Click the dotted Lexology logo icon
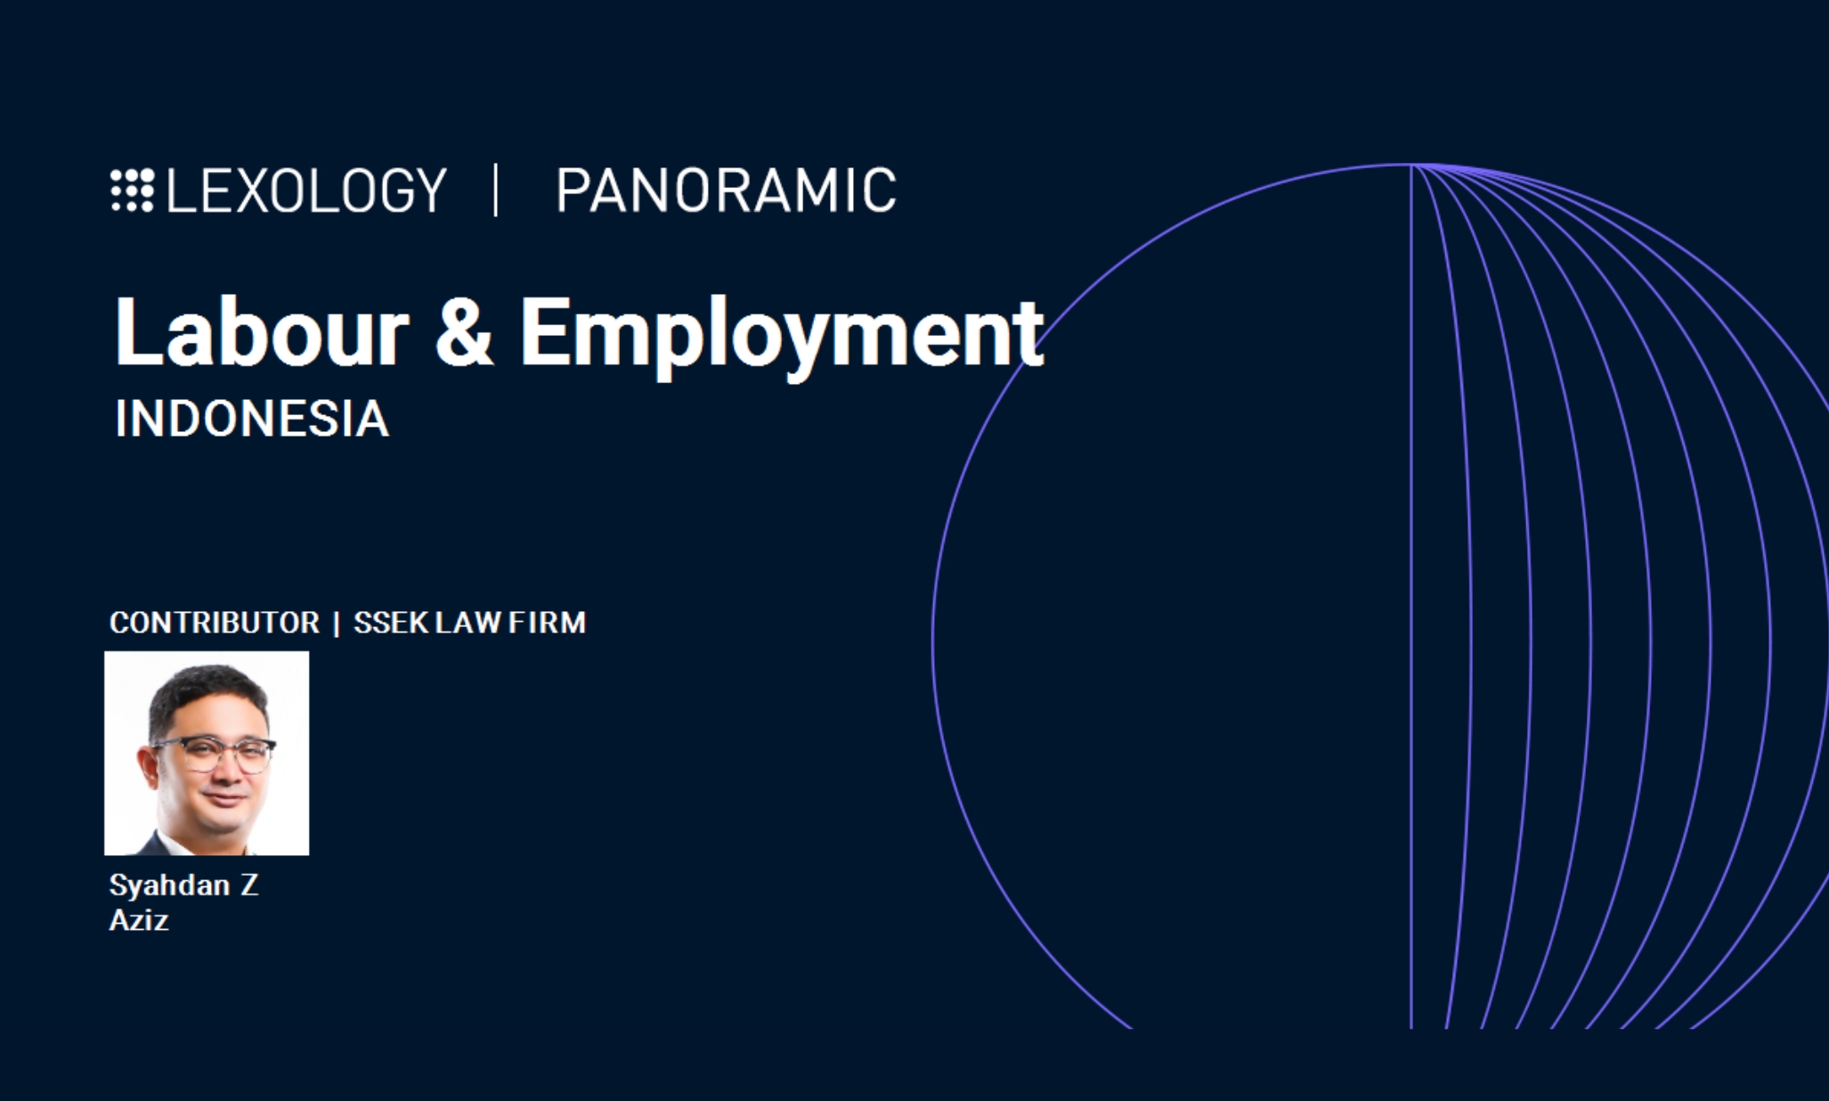(133, 190)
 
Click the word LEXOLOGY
(306, 190)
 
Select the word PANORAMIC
(726, 190)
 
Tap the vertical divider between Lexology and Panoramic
(496, 190)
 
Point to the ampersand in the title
(464, 331)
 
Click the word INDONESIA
(252, 418)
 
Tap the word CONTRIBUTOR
(215, 622)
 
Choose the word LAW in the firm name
(468, 622)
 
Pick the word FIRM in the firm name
(547, 622)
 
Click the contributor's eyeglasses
(214, 754)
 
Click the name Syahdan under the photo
(169, 885)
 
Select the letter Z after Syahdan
(248, 885)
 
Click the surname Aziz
(139, 919)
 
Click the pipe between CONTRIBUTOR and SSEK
(337, 623)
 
